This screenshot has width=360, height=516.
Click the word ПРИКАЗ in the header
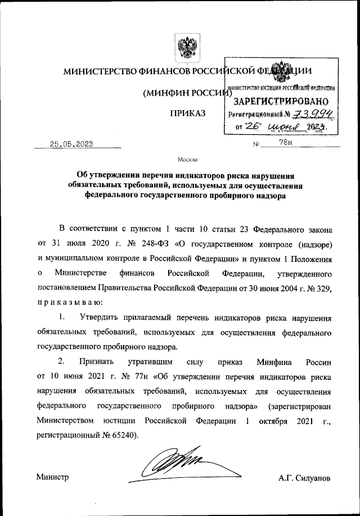pos(187,114)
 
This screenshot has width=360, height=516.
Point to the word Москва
pos(187,159)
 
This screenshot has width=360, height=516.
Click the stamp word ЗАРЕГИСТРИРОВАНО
pos(281,102)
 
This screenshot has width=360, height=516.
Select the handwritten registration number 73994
pos(314,115)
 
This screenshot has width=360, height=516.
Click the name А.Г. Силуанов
pos(304,478)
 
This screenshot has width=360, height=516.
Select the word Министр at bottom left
pos(52,477)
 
